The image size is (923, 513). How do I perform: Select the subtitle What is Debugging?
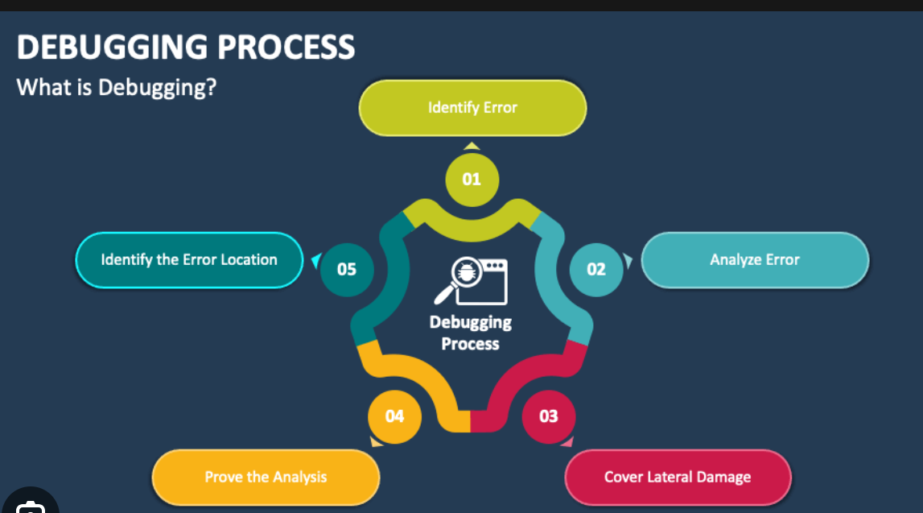[117, 87]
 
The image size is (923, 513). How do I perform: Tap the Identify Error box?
[472, 107]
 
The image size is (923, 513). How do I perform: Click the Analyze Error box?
[755, 259]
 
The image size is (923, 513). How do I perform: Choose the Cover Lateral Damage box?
[678, 477]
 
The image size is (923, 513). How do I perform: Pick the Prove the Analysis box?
[266, 477]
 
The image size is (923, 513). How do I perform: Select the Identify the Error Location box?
[189, 259]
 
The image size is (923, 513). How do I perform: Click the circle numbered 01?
[472, 179]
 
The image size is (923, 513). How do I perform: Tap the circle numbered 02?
[596, 268]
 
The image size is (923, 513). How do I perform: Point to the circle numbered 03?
[548, 416]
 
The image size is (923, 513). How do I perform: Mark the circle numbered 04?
[394, 416]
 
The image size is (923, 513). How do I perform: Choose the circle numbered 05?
[346, 268]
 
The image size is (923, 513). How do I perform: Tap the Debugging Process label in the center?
[471, 333]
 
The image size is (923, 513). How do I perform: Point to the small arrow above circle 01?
[472, 146]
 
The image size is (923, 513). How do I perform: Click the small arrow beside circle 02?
[628, 261]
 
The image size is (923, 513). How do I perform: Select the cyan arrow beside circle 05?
[315, 260]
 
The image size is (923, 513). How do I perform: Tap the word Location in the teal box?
[249, 259]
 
